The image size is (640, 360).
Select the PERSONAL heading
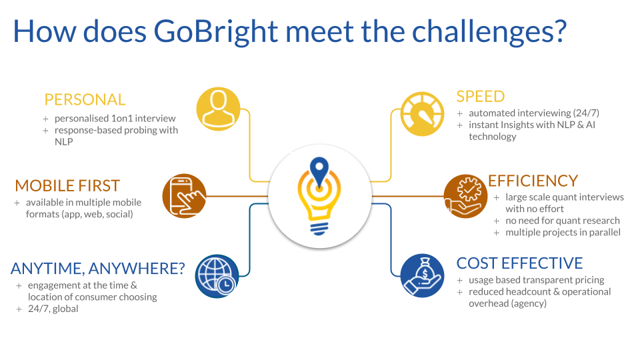tap(85, 100)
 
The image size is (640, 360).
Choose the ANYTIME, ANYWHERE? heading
tap(98, 269)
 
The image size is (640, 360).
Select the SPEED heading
tap(481, 97)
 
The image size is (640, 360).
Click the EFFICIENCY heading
tap(533, 181)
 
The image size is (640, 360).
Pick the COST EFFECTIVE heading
tap(519, 263)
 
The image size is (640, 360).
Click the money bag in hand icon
tap(423, 276)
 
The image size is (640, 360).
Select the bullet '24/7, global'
tap(53, 309)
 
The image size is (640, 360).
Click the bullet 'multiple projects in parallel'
tap(563, 232)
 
